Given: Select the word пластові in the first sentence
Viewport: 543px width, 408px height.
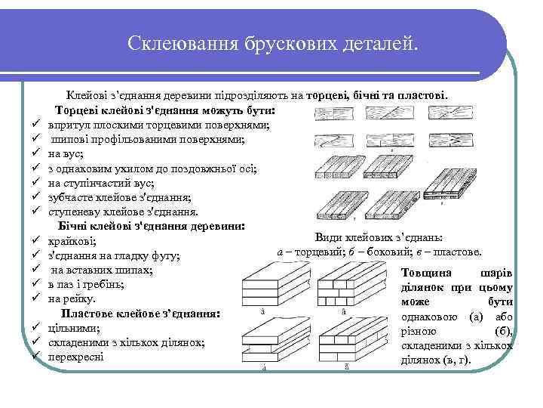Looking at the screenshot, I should [426, 96].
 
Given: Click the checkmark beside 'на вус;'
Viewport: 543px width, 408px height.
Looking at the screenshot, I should [35, 154].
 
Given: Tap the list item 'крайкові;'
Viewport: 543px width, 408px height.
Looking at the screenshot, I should [72, 241].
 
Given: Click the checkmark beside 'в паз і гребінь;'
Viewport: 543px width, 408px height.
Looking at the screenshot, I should [35, 286].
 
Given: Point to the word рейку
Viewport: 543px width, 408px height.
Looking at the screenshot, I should [85, 298].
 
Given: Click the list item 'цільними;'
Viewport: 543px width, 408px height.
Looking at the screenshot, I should [74, 327].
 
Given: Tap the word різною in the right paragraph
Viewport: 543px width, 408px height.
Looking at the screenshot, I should [420, 331].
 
